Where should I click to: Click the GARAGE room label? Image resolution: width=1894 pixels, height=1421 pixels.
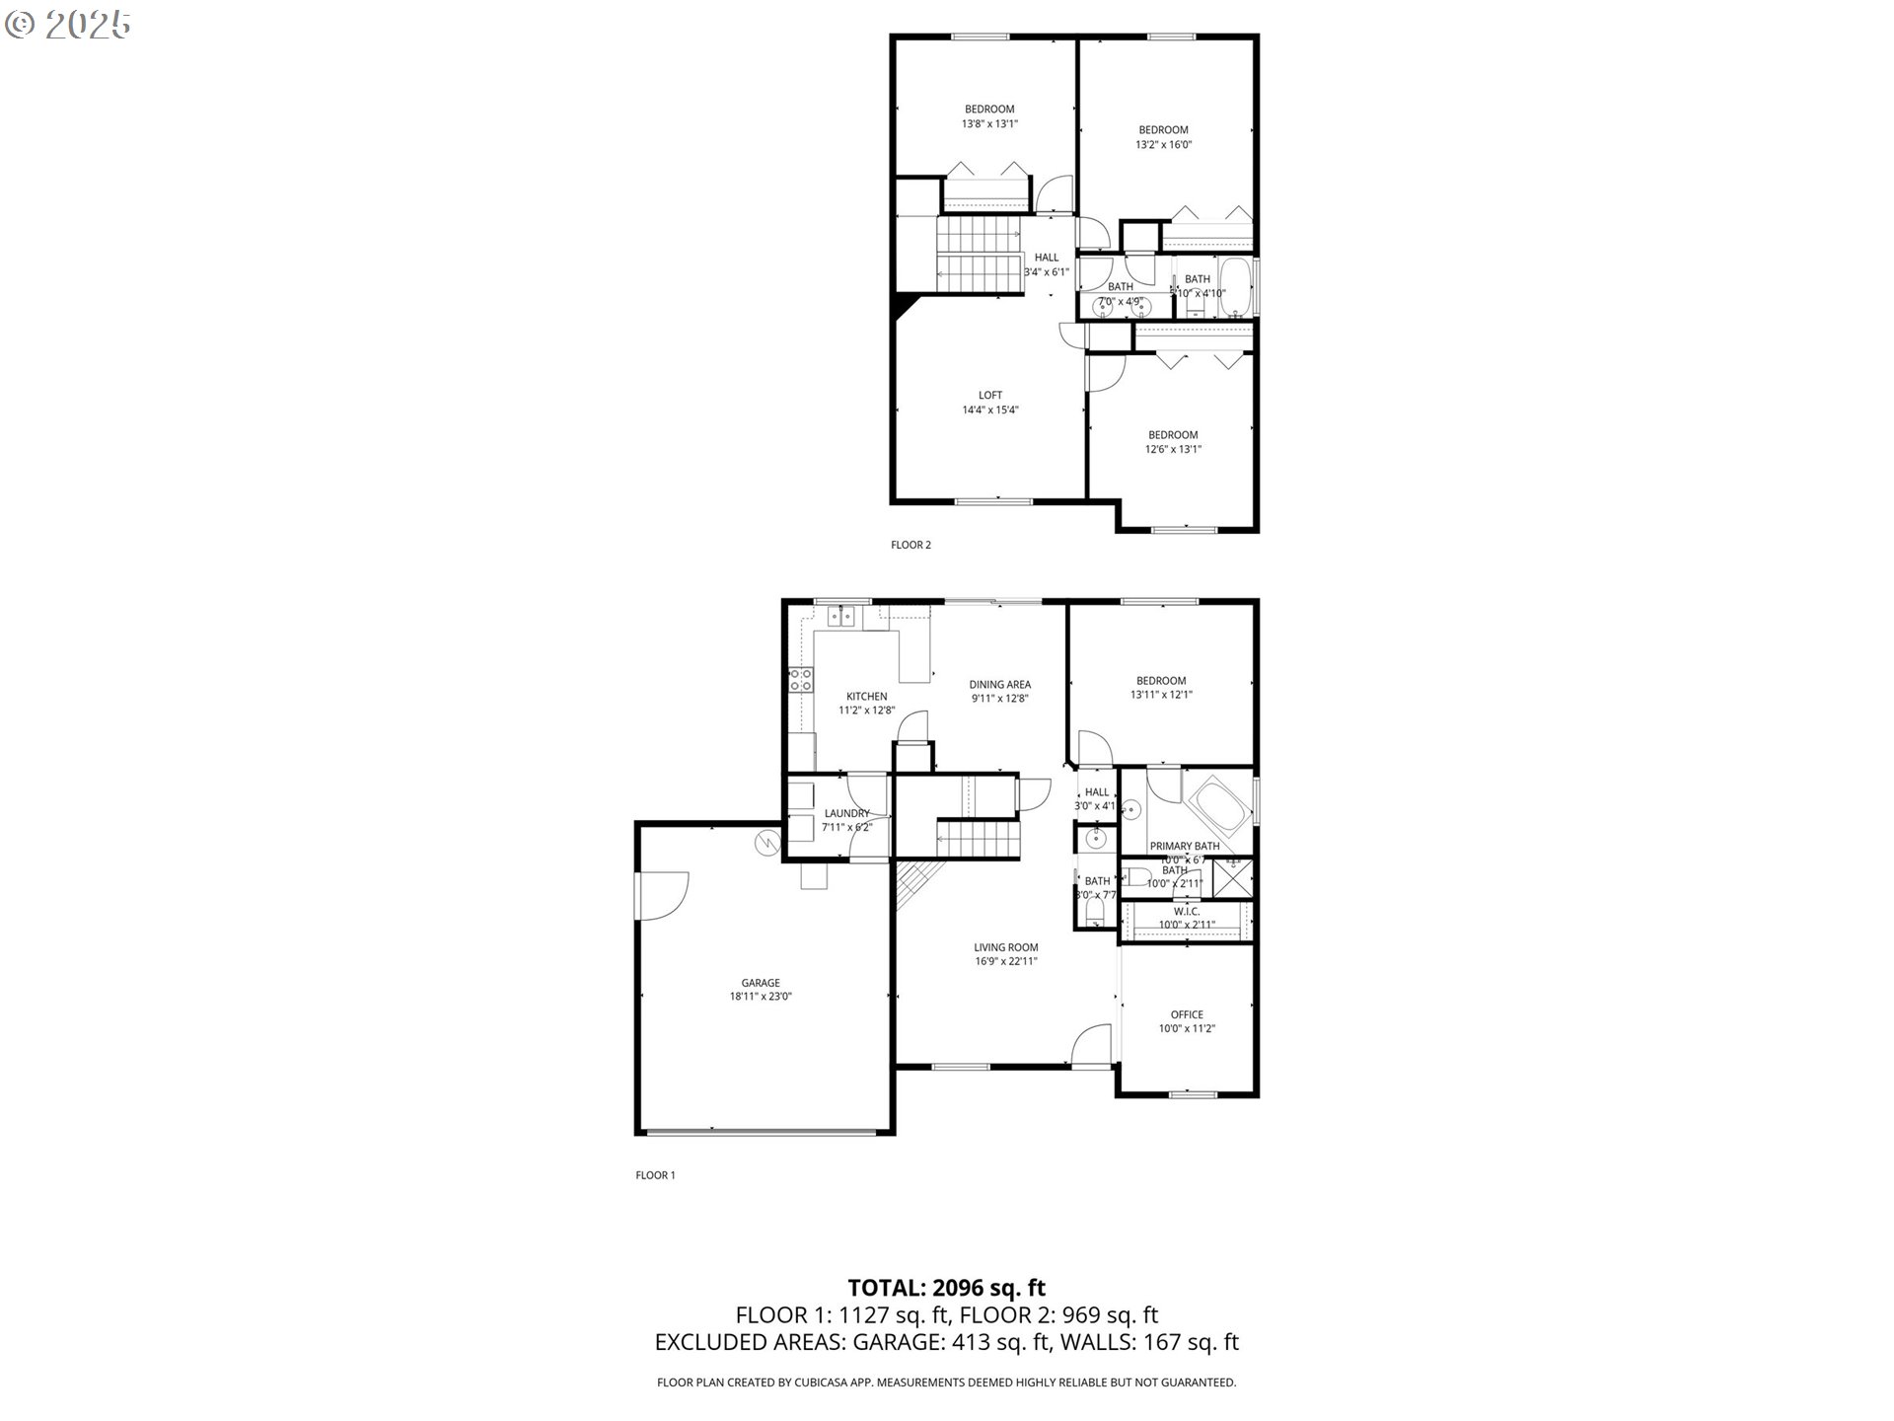click(x=760, y=983)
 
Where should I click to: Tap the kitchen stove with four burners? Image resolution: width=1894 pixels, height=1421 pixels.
click(x=800, y=679)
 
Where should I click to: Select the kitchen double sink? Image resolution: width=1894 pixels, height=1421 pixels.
click(x=840, y=618)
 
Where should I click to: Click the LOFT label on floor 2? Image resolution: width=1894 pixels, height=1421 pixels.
click(x=989, y=396)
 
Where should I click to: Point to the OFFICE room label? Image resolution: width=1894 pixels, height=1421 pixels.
click(x=1187, y=1014)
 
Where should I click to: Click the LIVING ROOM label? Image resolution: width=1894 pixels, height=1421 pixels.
click(x=1005, y=947)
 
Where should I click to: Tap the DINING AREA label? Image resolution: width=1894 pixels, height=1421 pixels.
click(x=999, y=685)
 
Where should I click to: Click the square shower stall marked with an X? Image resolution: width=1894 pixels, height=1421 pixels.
click(x=1232, y=876)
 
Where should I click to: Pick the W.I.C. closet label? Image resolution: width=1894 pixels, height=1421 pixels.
click(x=1187, y=912)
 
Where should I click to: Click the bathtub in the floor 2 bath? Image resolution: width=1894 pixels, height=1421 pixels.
click(x=1235, y=286)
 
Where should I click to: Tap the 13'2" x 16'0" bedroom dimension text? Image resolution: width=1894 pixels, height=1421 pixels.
click(x=1163, y=144)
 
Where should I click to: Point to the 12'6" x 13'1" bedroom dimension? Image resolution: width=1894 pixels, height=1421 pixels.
click(x=1173, y=449)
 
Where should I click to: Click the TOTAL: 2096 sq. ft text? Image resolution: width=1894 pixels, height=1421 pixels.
click(x=946, y=1288)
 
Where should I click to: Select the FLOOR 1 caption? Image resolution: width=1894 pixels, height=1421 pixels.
click(x=655, y=1175)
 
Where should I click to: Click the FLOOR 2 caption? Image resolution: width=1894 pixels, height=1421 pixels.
click(x=911, y=545)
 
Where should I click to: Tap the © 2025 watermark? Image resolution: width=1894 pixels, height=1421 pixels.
click(x=67, y=25)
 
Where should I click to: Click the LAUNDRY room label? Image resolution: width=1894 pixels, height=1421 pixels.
click(x=846, y=813)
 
